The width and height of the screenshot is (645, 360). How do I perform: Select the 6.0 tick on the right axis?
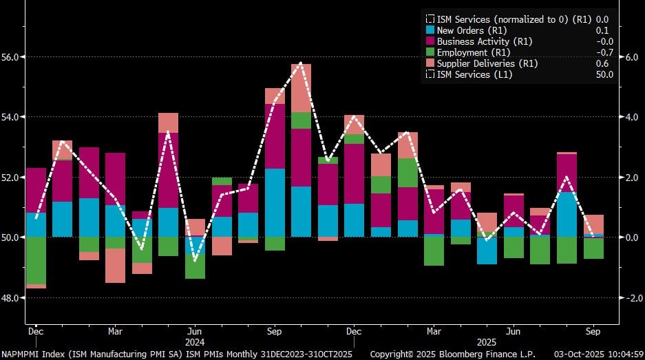(631, 56)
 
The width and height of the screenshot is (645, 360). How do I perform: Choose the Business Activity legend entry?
(476, 41)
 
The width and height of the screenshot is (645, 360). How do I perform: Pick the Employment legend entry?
(465, 52)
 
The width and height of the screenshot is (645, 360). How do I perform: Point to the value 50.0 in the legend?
(604, 74)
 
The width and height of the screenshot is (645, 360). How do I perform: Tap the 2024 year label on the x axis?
(195, 341)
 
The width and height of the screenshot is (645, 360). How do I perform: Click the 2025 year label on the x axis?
(514, 341)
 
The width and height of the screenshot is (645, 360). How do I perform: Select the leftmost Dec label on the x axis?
(36, 330)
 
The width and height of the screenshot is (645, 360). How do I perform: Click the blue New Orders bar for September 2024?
(275, 202)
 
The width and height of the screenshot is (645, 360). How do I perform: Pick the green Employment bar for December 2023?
(36, 260)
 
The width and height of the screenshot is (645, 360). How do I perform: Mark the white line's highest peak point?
(301, 63)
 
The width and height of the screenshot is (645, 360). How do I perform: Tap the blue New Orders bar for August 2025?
(567, 214)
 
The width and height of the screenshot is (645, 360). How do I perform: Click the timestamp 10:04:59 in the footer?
(622, 353)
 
